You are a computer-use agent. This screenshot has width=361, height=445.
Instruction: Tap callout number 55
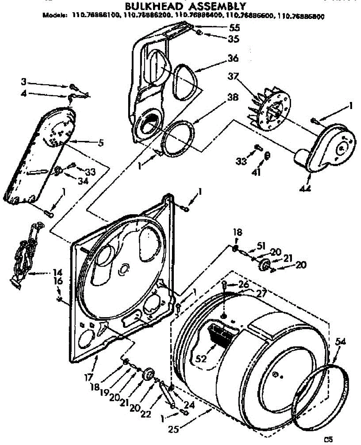[x=224, y=27]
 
